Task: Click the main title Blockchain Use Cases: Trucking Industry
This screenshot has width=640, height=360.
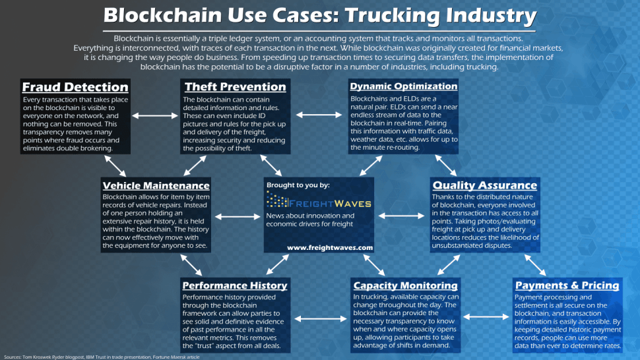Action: click(319, 15)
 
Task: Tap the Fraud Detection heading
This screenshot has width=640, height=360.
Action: click(75, 87)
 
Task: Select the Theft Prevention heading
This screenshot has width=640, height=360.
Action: click(235, 86)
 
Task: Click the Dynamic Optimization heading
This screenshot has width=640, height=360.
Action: click(403, 86)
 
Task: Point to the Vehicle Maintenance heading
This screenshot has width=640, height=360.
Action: click(156, 185)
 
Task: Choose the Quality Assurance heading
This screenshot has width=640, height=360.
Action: click(484, 185)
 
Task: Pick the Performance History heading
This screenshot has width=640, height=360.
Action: click(235, 285)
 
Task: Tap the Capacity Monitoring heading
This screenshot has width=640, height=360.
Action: click(405, 285)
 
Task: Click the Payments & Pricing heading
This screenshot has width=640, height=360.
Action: click(567, 285)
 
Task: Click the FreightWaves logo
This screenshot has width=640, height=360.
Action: click(319, 200)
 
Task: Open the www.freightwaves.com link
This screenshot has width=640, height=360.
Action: click(330, 247)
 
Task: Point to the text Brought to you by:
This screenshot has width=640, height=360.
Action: click(298, 185)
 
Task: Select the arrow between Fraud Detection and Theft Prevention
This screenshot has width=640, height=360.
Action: click(155, 116)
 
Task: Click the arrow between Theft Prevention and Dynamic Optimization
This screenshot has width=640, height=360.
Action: click(319, 115)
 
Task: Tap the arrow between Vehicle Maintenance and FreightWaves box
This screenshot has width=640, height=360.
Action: click(238, 216)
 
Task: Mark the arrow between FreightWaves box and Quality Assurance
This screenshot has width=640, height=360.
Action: click(402, 216)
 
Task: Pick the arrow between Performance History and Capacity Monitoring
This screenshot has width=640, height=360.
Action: click(321, 319)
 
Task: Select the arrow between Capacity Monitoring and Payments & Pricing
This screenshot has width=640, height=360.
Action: click(486, 316)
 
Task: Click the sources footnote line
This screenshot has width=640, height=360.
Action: click(102, 357)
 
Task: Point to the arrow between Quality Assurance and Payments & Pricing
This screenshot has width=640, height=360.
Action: click(535, 266)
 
